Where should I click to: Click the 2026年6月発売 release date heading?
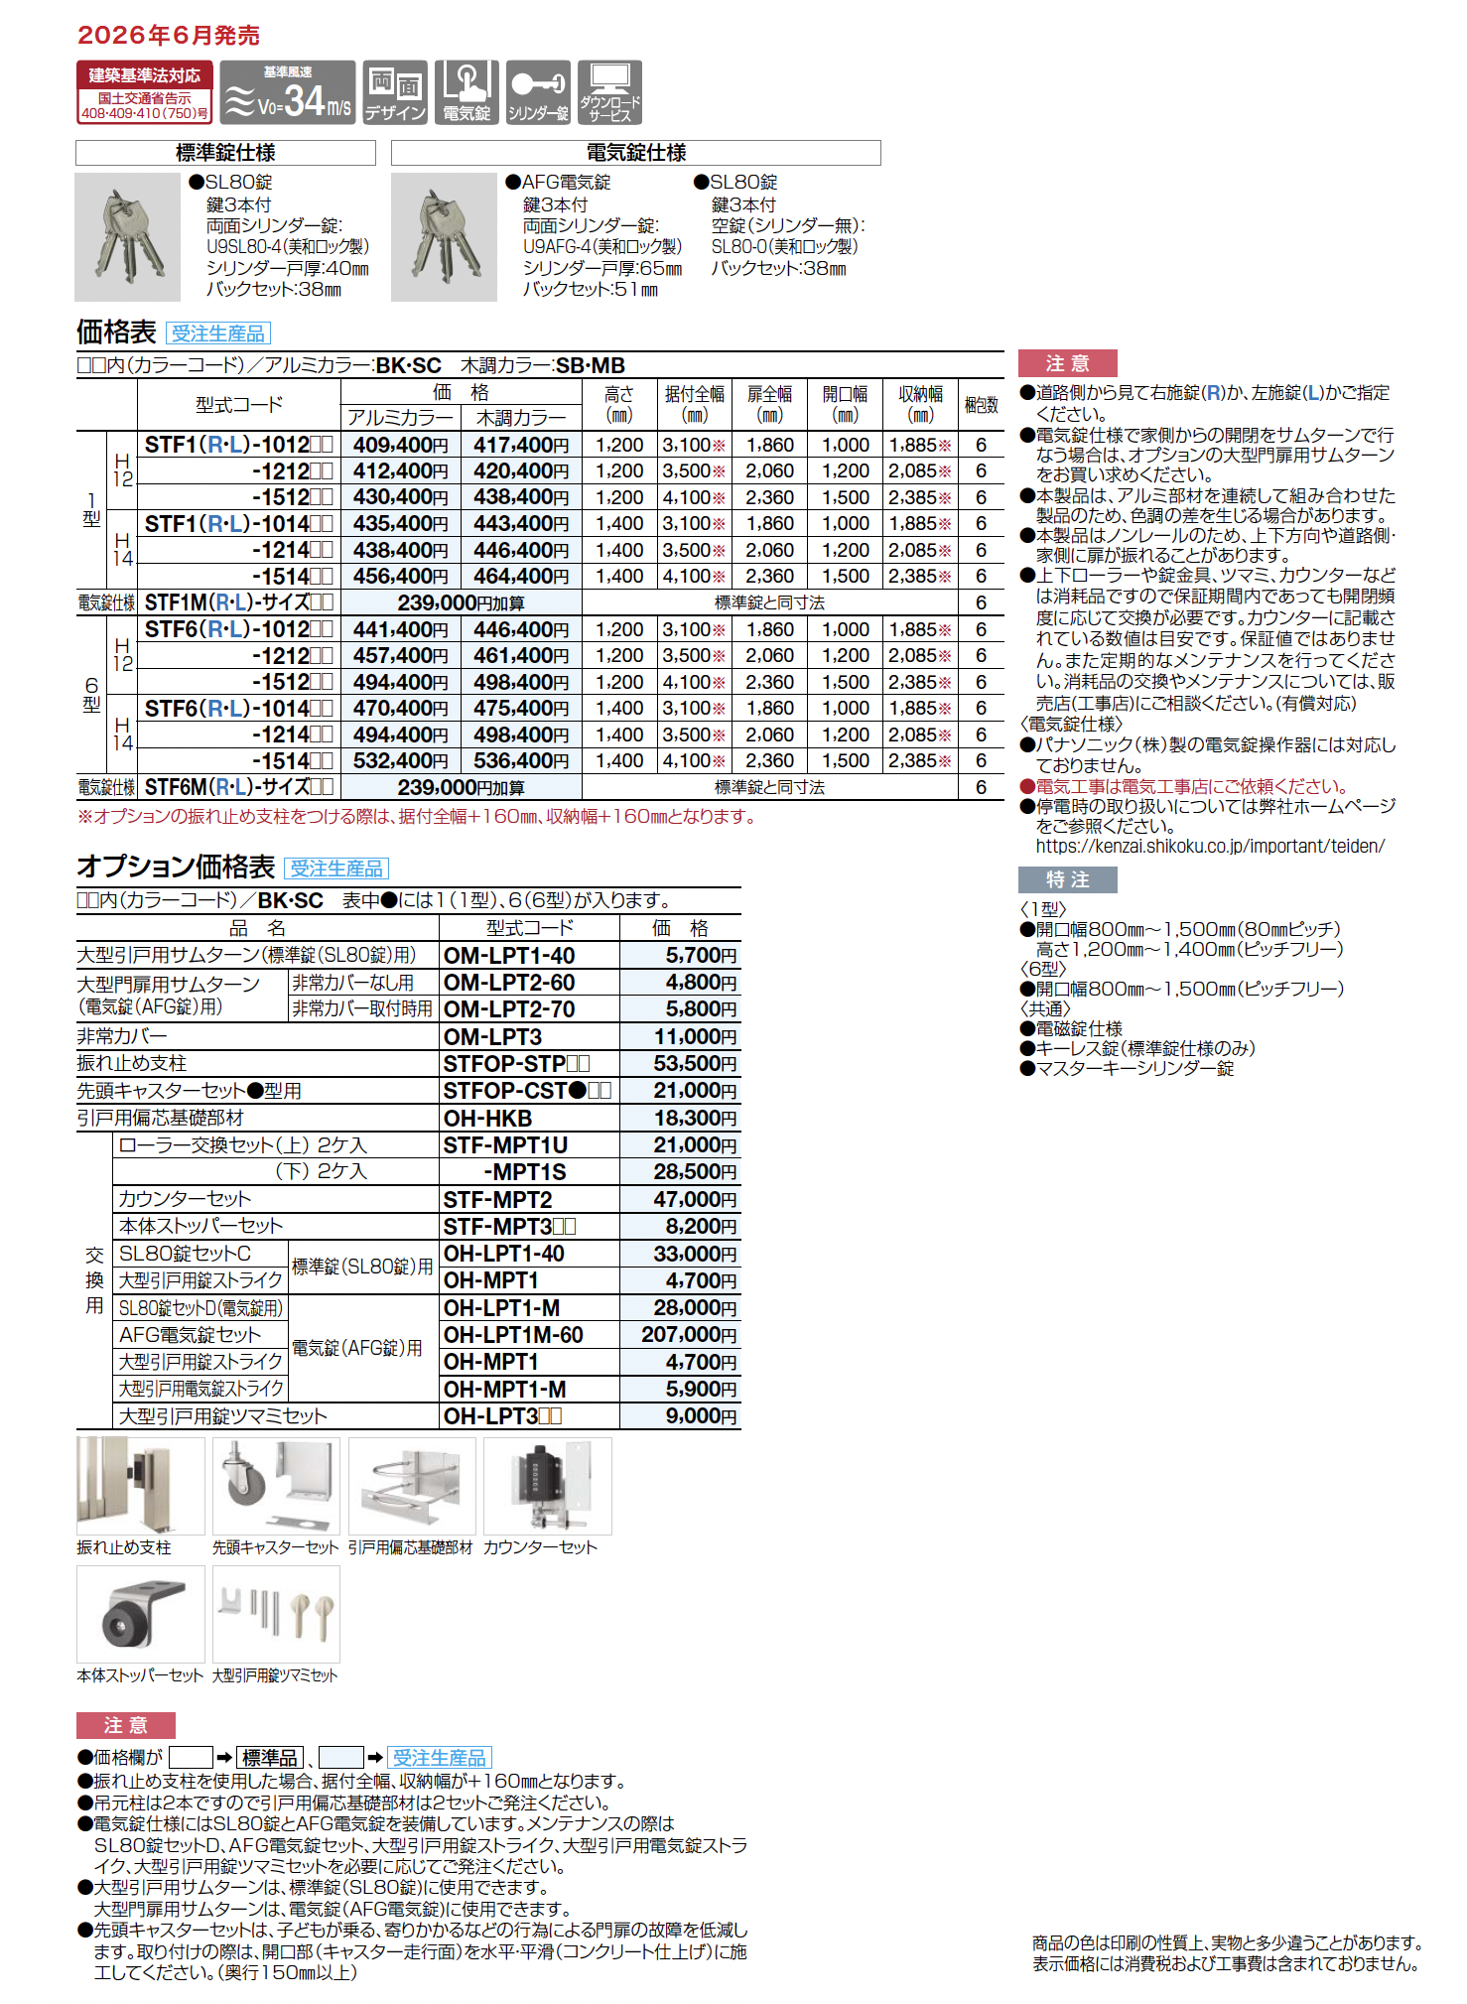coord(169,36)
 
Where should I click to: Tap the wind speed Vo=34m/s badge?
coord(288,92)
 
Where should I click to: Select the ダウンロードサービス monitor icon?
coord(609,92)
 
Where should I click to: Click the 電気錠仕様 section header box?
coord(635,153)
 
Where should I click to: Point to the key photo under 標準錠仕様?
coord(128,237)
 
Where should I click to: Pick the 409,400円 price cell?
coord(400,446)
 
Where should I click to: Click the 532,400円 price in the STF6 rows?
coord(400,761)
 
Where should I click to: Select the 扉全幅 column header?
coord(769,404)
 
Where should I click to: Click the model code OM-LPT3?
coord(492,1037)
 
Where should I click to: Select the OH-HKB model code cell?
coord(487,1119)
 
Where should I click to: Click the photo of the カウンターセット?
coord(547,1486)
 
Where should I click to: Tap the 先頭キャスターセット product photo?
coord(276,1486)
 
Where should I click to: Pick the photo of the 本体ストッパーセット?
coord(141,1614)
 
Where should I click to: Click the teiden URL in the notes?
coord(1209,847)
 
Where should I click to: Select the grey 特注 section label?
coord(1067,879)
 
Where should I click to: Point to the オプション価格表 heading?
coord(176,868)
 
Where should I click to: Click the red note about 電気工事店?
coord(1191,786)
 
